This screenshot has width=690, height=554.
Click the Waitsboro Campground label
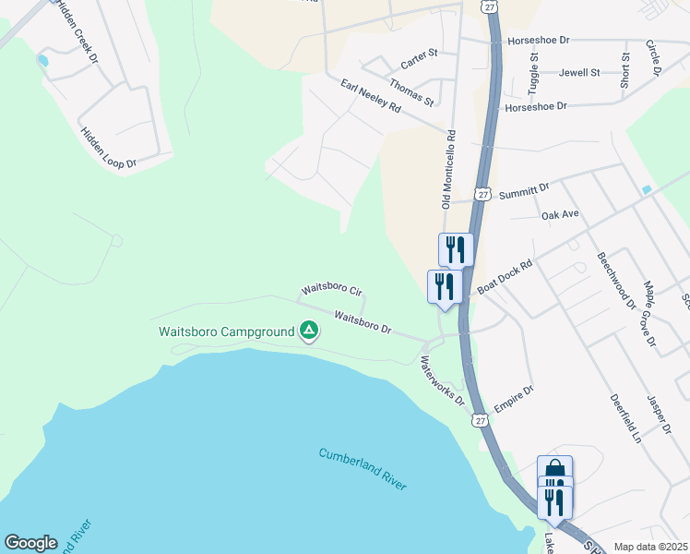(x=226, y=331)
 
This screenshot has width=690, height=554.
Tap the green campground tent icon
(x=309, y=330)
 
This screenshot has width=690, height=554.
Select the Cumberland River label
(x=363, y=469)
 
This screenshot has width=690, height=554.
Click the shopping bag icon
(x=554, y=469)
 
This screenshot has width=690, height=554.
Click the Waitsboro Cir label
(x=325, y=290)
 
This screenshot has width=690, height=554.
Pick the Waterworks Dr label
(x=443, y=380)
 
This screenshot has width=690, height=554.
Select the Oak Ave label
(x=560, y=214)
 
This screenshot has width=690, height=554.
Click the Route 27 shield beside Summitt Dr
(x=483, y=193)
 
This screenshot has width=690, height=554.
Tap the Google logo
(x=30, y=543)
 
